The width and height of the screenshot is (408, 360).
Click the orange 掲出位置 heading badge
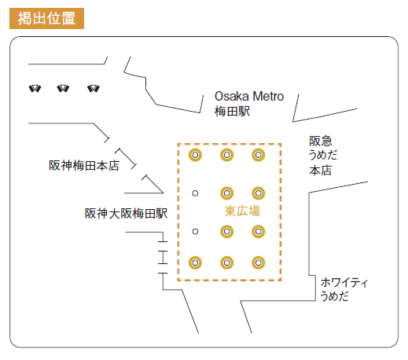pyautogui.click(x=46, y=18)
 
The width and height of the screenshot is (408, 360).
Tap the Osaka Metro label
pyautogui.click(x=249, y=96)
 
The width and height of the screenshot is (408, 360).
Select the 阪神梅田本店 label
pyautogui.click(x=84, y=165)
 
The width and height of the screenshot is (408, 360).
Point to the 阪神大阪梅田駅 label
pyautogui.click(x=126, y=213)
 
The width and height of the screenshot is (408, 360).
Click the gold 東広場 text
pyautogui.click(x=242, y=211)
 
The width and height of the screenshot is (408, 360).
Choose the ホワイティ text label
pyautogui.click(x=344, y=283)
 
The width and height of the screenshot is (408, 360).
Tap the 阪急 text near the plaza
pyautogui.click(x=321, y=141)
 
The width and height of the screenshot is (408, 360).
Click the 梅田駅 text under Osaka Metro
pyautogui.click(x=232, y=111)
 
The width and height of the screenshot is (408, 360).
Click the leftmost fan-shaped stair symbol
pyautogui.click(x=35, y=88)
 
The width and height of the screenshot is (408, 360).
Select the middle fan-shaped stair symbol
pyautogui.click(x=63, y=88)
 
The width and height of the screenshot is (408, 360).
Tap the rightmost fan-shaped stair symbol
pyautogui.click(x=94, y=88)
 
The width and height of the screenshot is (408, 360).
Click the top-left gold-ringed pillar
pyautogui.click(x=195, y=155)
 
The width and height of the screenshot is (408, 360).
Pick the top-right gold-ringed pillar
pyautogui.click(x=259, y=155)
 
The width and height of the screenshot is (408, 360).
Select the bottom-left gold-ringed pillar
pyautogui.click(x=195, y=263)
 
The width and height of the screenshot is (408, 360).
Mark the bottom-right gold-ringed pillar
pyautogui.click(x=259, y=263)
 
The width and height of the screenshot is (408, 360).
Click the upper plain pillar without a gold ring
pyautogui.click(x=195, y=193)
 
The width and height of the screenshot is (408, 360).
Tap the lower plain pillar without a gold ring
pyautogui.click(x=195, y=232)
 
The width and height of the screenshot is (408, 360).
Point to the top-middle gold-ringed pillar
pyautogui.click(x=227, y=155)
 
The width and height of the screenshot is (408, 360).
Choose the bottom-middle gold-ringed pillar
pyautogui.click(x=227, y=263)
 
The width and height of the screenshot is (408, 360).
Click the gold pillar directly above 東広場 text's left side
pyautogui.click(x=227, y=193)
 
